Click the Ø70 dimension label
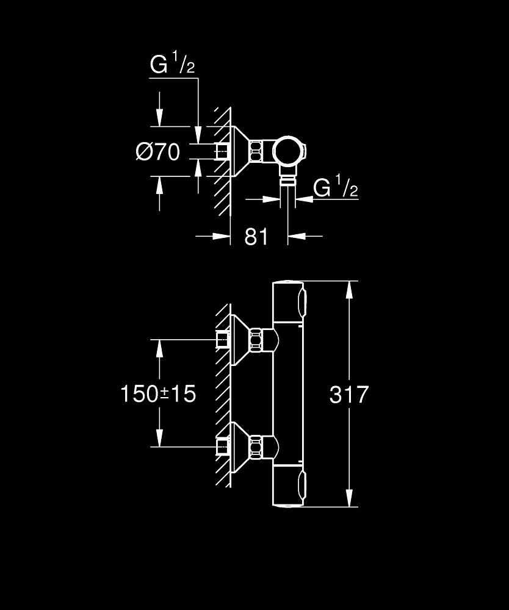158,152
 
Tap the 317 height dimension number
349,395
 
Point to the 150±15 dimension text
158,394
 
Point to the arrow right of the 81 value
297,235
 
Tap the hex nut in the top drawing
257,151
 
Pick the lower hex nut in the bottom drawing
257,447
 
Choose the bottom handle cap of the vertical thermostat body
288,487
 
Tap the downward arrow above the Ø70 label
159,116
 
